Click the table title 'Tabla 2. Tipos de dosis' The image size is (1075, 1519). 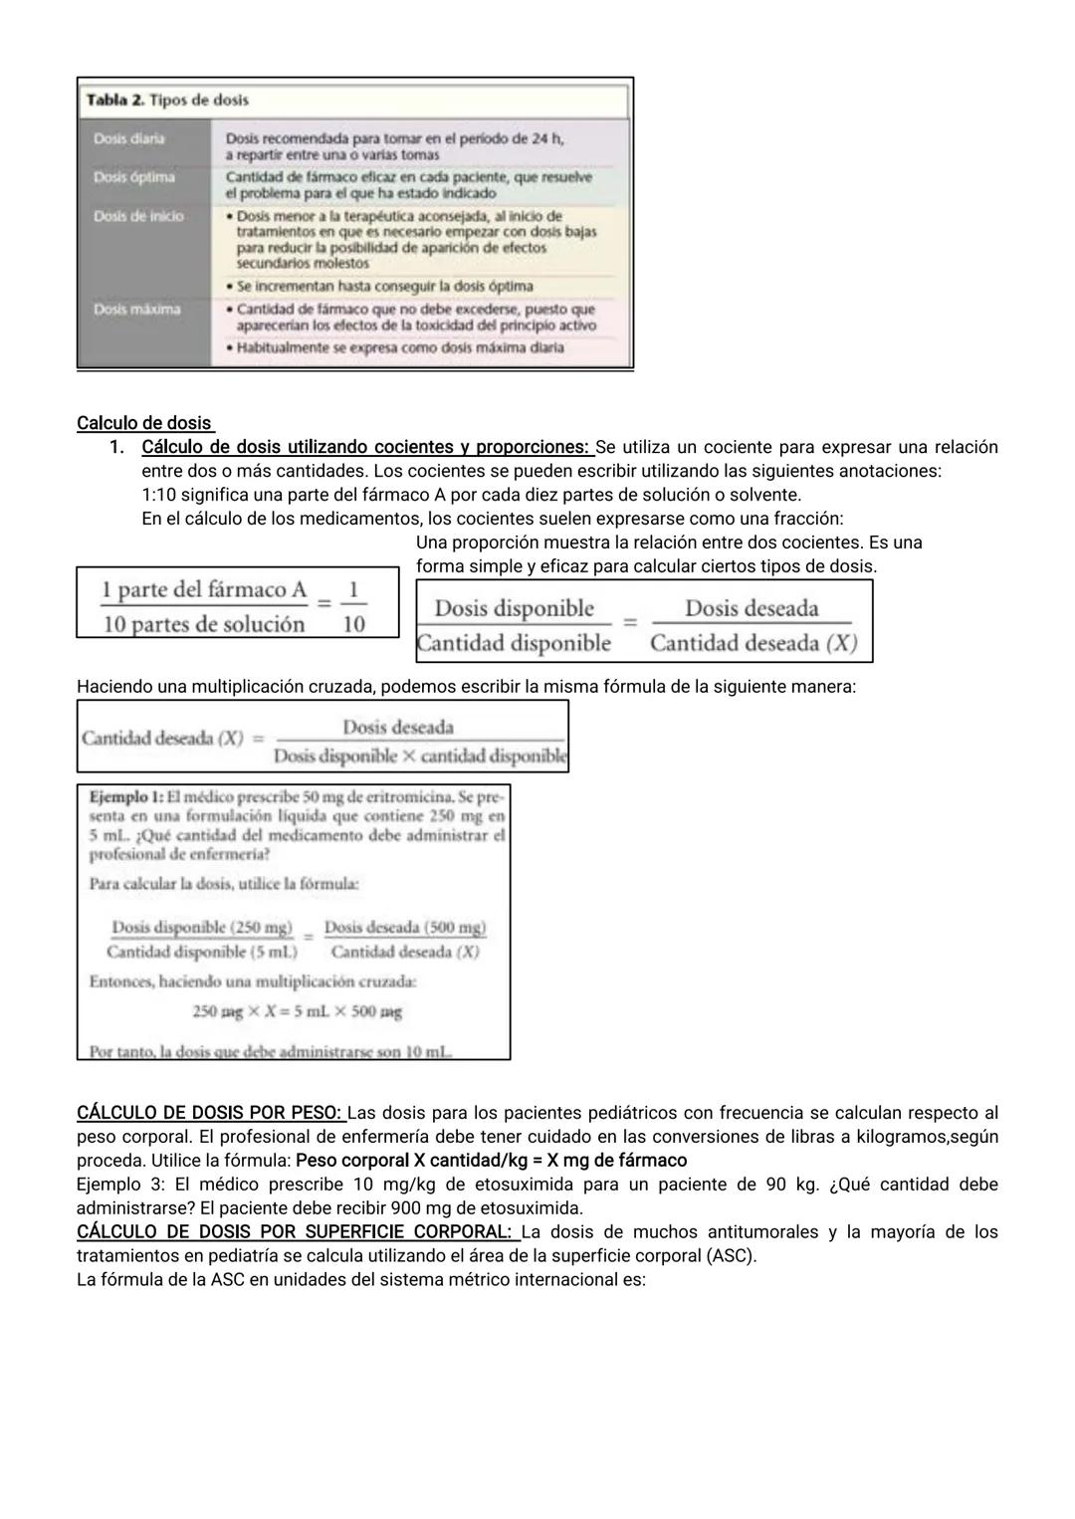(x=167, y=101)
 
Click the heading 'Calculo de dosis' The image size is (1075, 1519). (x=144, y=423)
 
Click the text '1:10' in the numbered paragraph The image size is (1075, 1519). (x=159, y=495)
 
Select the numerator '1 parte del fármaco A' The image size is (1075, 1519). (x=204, y=590)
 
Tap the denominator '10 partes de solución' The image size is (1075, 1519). (x=204, y=624)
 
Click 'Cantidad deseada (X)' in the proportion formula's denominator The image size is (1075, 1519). (x=752, y=643)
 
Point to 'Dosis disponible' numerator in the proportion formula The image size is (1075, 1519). (x=514, y=608)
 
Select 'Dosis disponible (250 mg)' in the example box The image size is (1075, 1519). (x=202, y=928)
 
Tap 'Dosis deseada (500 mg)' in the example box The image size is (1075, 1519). (x=405, y=928)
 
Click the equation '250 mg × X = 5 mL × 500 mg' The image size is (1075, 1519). (x=298, y=1011)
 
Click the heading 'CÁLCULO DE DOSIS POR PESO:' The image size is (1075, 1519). (x=210, y=1113)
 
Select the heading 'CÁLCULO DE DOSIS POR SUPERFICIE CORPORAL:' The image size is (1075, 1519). (x=296, y=1232)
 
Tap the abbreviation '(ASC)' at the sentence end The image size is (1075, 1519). (x=731, y=1256)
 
